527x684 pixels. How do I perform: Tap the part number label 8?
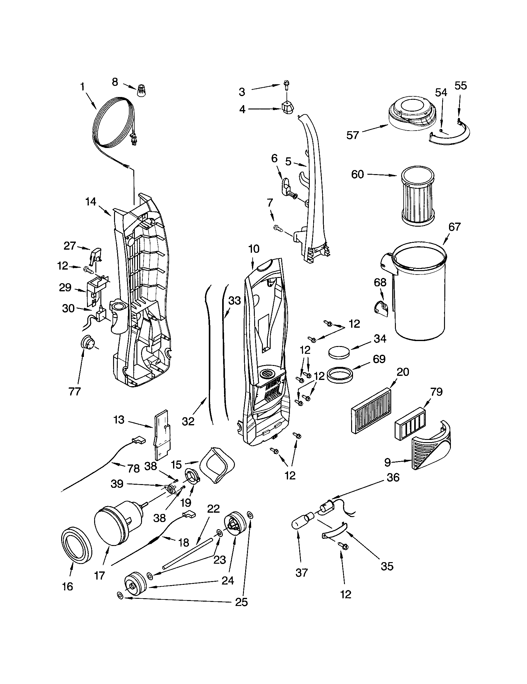click(115, 82)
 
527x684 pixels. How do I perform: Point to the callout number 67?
click(454, 227)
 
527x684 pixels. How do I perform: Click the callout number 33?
click(235, 301)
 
